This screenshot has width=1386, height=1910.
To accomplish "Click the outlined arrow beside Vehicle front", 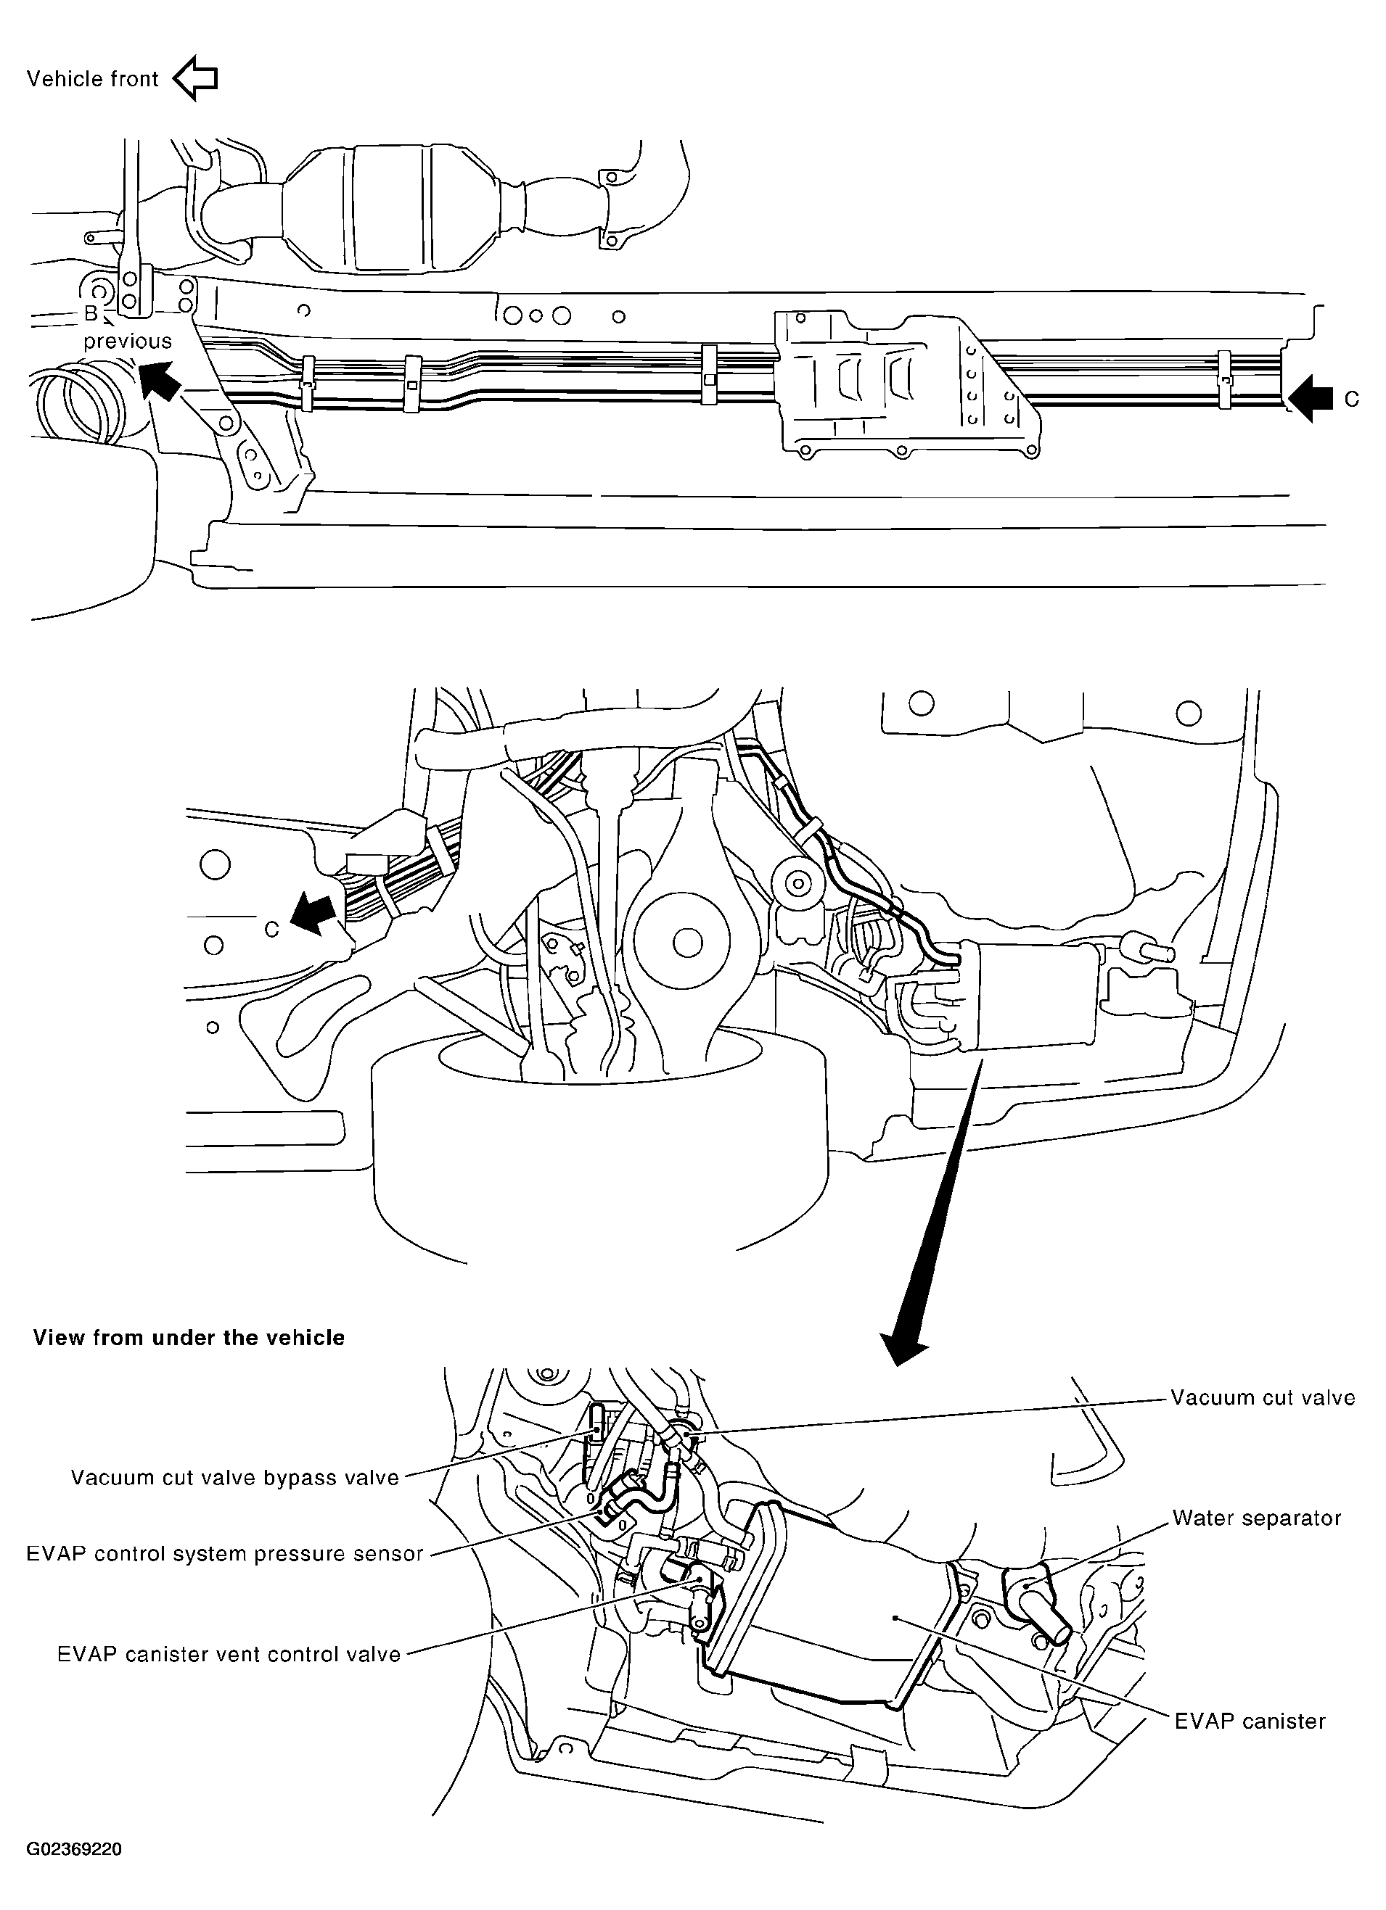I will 195,78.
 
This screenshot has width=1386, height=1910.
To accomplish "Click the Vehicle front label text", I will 93,79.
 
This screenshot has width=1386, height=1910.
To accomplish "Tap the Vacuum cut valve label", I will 1262,1398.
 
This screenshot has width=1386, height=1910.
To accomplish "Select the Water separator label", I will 1256,1518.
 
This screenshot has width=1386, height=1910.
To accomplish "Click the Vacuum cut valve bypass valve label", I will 234,1478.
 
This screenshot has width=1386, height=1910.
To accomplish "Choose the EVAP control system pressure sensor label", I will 224,1554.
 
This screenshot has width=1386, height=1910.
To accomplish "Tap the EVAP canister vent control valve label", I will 229,1654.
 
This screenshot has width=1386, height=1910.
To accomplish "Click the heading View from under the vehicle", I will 189,1338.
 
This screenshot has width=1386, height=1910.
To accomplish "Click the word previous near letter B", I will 127,341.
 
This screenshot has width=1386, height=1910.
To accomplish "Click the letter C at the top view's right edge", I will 1351,399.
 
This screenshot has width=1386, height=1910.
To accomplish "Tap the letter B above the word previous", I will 91,314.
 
